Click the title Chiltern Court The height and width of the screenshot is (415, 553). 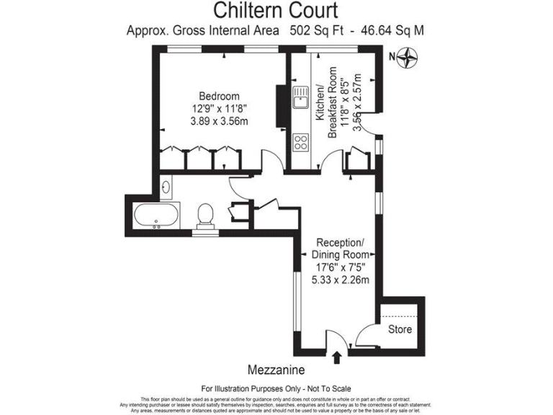276,11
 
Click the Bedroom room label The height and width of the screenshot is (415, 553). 219,96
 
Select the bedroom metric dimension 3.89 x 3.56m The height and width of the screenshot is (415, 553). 219,121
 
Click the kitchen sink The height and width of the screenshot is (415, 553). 300,97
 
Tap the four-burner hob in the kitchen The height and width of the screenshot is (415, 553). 300,141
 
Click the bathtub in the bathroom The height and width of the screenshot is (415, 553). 157,215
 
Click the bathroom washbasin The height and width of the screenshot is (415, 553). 166,188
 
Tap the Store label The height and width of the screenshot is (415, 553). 400,329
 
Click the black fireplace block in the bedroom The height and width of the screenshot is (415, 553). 279,104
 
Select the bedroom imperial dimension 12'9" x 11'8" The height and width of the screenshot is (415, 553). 219,109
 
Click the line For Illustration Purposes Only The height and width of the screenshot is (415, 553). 276,388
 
